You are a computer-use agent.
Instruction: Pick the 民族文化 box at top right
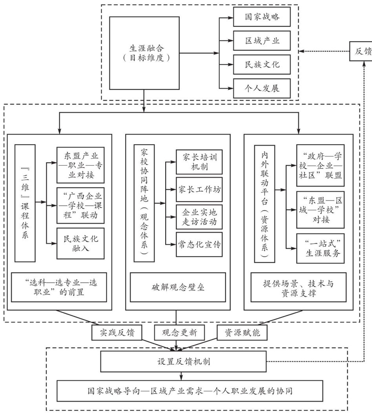coord(262,64)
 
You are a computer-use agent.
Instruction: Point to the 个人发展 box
coord(262,87)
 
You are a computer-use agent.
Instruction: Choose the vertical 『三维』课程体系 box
coord(26,203)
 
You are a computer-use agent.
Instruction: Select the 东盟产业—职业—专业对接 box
coord(81,165)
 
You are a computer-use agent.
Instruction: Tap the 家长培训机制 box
coord(199,162)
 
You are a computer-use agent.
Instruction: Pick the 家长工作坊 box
coord(199,189)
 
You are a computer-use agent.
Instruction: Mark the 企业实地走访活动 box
coord(199,217)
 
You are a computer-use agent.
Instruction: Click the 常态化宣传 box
coord(199,244)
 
